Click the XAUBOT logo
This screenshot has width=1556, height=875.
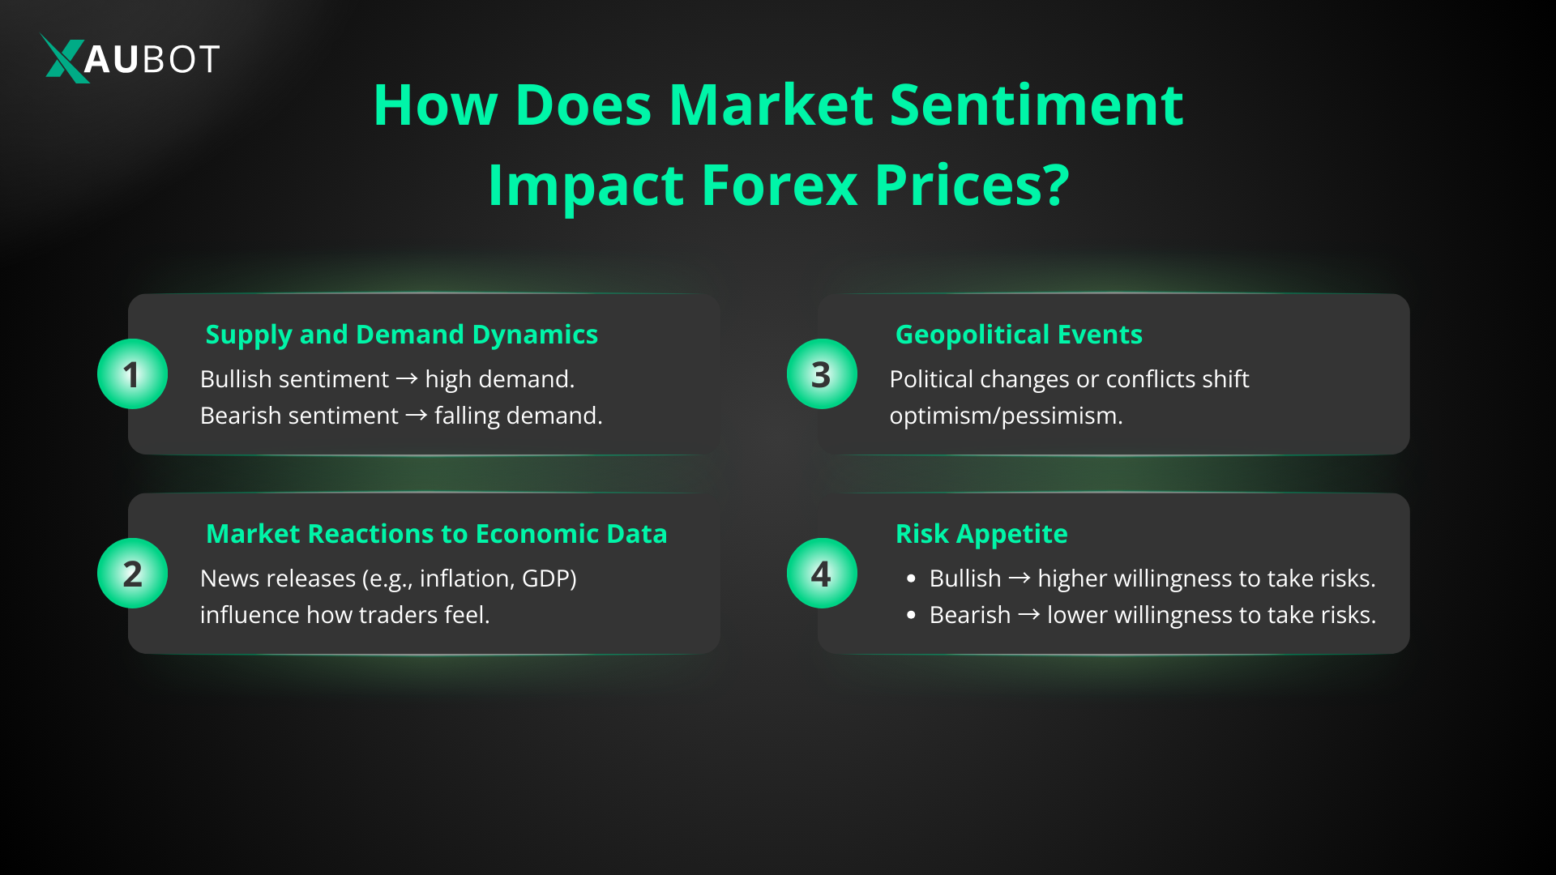[130, 58]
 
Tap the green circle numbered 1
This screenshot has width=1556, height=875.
[132, 373]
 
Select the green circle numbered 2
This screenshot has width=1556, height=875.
[132, 573]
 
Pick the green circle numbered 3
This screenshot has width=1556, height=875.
[822, 373]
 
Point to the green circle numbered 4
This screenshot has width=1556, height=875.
[822, 573]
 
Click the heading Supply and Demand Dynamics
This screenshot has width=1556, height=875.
[402, 335]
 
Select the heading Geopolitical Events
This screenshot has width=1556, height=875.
[1019, 335]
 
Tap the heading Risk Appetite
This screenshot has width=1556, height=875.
[981, 534]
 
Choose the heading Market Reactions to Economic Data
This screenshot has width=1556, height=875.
[437, 534]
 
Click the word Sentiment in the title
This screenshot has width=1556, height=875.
[1037, 105]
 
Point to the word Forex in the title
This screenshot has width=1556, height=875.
[779, 186]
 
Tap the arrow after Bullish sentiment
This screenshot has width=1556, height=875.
[407, 379]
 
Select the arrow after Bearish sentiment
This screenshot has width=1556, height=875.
[417, 416]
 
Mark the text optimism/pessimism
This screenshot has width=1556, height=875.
[1006, 416]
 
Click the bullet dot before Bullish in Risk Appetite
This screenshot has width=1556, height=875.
[912, 578]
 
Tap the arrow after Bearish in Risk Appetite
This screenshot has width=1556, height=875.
[1029, 615]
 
